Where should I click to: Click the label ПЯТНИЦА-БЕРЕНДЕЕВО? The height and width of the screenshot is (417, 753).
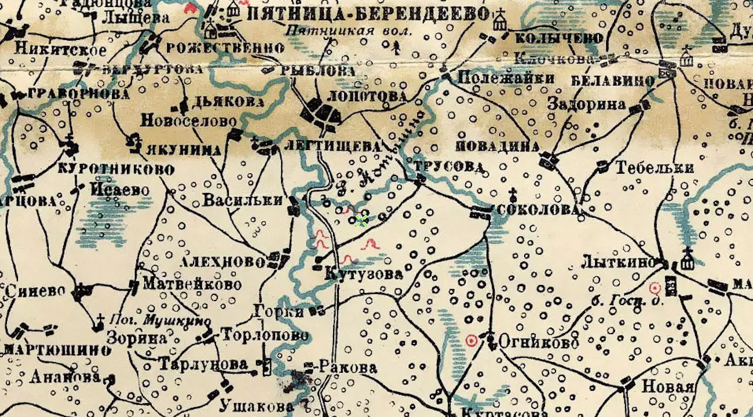coord(368,14)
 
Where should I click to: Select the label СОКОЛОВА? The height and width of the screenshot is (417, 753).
coord(538,210)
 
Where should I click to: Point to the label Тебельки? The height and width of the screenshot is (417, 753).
coord(654,168)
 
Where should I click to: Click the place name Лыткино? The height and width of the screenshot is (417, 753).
coord(618,262)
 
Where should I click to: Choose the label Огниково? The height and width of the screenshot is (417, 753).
coord(538,343)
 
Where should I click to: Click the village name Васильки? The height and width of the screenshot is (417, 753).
coord(243,200)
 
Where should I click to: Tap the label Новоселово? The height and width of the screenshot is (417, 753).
coord(189,121)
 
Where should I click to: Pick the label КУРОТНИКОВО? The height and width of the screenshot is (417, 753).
coord(116,170)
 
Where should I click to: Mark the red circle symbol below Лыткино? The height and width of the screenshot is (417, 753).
coord(655,287)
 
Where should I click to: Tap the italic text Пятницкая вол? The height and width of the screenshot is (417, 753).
coord(349,31)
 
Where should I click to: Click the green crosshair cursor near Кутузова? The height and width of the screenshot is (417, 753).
coord(362,221)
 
